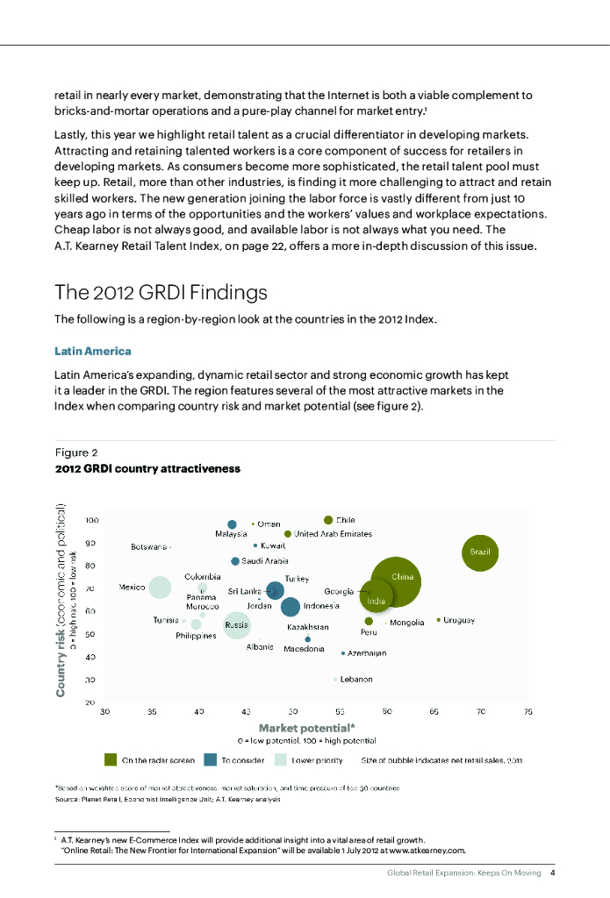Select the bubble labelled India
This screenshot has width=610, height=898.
point(376,601)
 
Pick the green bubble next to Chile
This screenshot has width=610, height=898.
point(328,520)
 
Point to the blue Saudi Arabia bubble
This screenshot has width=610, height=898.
point(235,560)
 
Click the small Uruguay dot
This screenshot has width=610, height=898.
point(439,620)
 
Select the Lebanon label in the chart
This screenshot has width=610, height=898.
point(356,680)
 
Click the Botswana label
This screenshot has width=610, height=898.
point(148,546)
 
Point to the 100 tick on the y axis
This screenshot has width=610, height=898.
point(91,520)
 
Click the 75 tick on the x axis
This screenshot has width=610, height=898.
point(527,712)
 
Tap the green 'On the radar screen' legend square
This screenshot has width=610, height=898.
point(111,759)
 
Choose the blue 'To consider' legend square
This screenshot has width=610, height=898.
point(211,759)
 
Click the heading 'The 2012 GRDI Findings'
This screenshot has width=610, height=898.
point(161,291)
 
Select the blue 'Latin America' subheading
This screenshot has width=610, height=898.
point(93,352)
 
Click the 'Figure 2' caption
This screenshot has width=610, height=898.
point(76,453)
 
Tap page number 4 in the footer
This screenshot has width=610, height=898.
point(552,873)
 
